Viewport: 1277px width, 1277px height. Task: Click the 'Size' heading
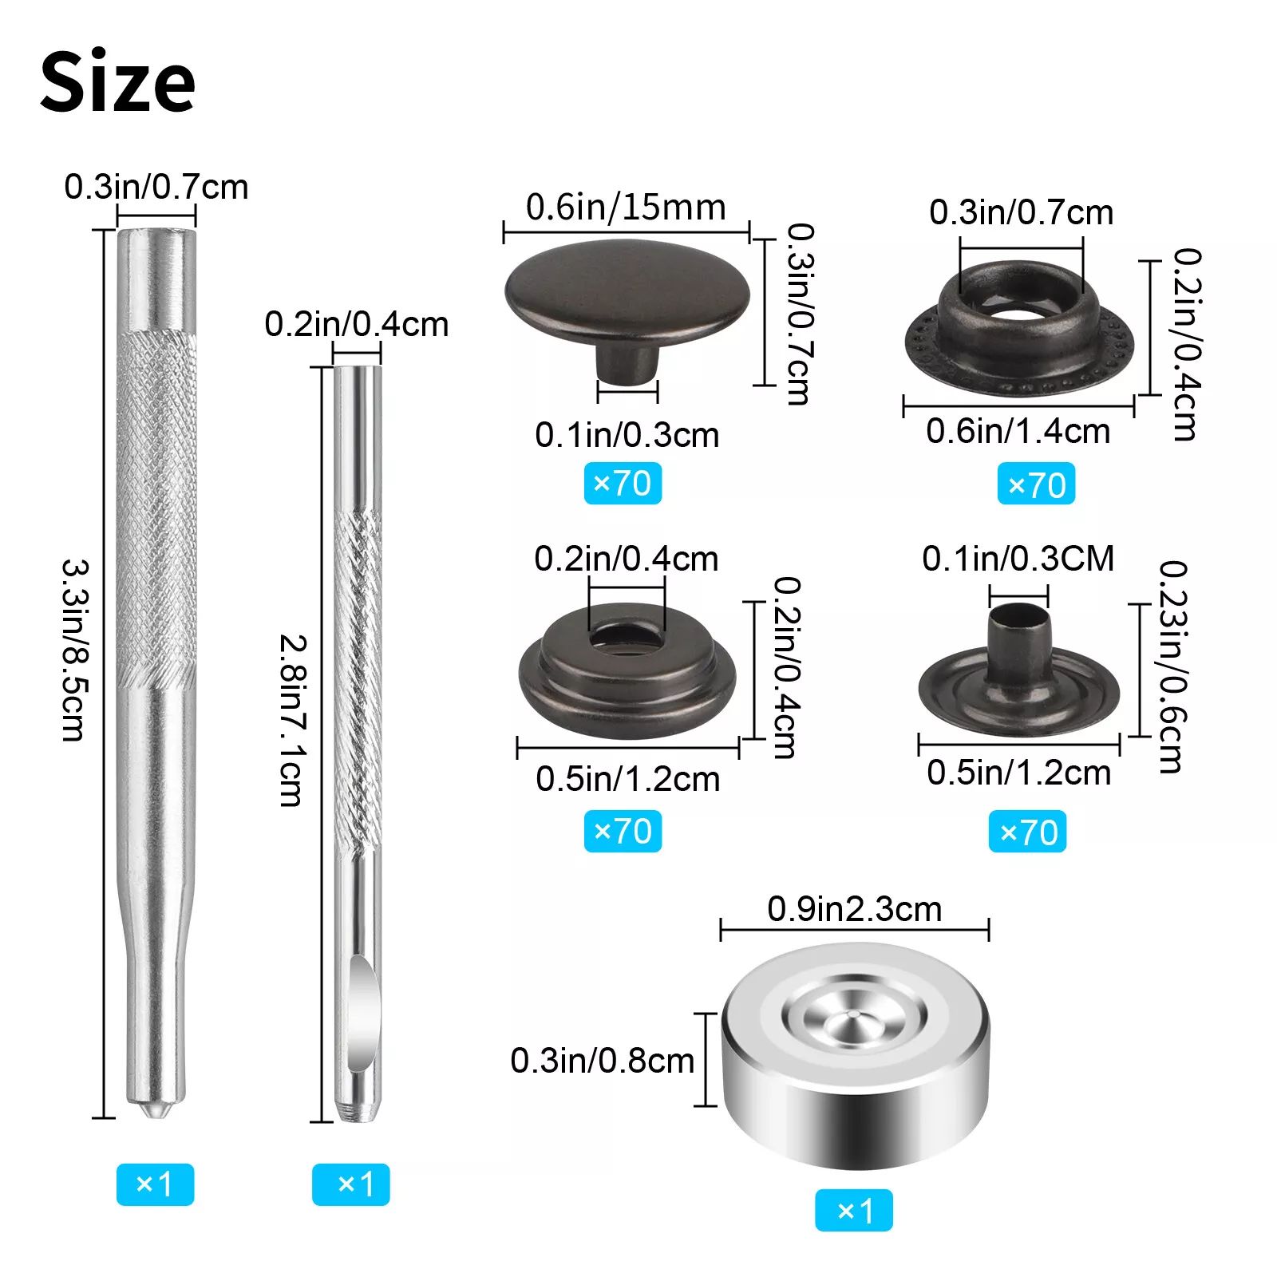point(117,82)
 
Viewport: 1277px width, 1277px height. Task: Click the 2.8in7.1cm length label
point(291,720)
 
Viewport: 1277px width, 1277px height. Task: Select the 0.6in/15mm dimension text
point(626,208)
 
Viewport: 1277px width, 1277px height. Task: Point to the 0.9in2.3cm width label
point(854,909)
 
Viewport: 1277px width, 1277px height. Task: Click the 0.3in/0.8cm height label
point(602,1061)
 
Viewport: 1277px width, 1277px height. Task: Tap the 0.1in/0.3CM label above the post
point(1018,559)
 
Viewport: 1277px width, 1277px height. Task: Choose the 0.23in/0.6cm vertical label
point(1172,666)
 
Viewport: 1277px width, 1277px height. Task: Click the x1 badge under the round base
point(853,1211)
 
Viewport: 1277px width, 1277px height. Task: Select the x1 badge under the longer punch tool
point(155,1184)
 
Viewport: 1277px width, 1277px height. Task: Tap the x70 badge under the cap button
point(623,484)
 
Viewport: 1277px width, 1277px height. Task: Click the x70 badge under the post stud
point(1027,832)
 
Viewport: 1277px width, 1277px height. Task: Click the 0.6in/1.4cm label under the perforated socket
point(1018,432)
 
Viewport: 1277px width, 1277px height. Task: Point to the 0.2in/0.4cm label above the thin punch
point(356,325)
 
